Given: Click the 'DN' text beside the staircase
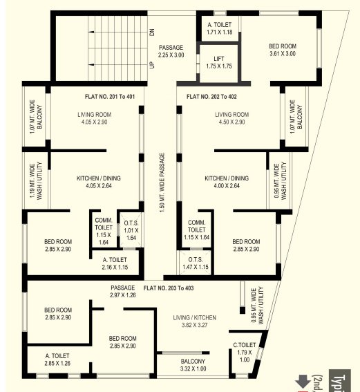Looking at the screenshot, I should tap(151, 32).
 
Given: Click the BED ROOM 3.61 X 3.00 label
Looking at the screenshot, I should tap(282, 50).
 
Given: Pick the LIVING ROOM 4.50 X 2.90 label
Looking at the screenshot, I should tap(231, 118).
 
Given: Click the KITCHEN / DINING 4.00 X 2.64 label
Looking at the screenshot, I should tap(226, 182).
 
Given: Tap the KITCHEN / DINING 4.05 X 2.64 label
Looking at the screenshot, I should tap(98, 182).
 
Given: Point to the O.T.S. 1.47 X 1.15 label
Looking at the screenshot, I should tap(196, 262).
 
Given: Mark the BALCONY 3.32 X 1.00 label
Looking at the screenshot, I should tap(193, 365).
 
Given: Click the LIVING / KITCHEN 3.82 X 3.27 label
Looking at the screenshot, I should tap(194, 320).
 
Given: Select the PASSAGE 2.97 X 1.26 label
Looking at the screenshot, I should tap(122, 291).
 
